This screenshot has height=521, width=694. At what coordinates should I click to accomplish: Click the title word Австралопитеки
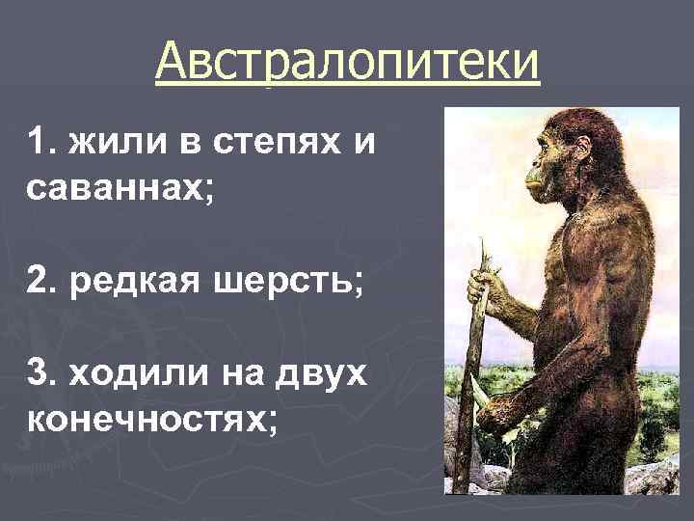click(347, 65)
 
